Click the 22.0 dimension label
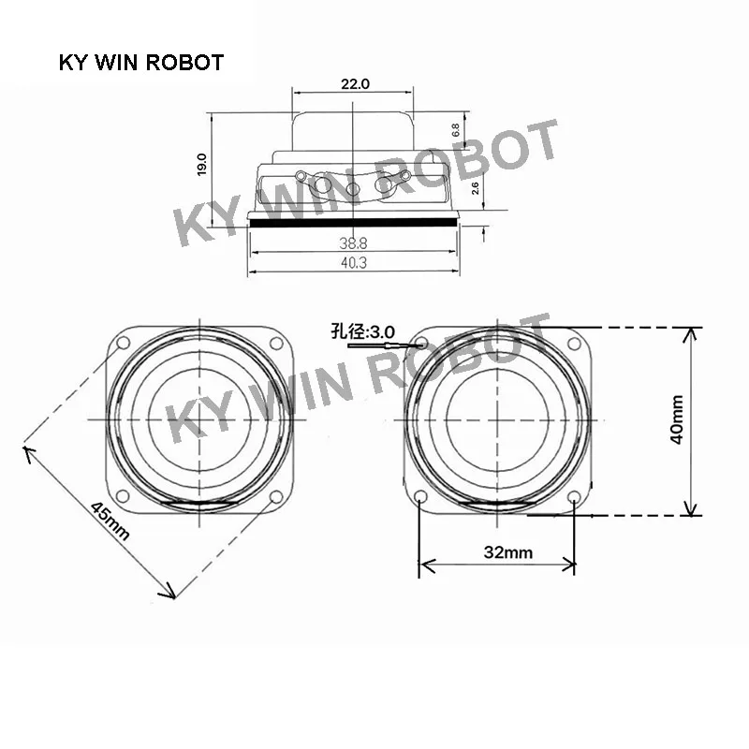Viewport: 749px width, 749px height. point(355,83)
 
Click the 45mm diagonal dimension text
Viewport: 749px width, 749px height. point(110,519)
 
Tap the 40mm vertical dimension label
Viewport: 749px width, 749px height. point(679,419)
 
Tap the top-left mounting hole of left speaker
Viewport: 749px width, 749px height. point(121,342)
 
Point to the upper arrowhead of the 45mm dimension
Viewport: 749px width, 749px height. point(27,453)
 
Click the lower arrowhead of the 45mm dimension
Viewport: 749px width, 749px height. point(170,595)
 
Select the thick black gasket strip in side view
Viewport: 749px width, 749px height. point(354,225)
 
